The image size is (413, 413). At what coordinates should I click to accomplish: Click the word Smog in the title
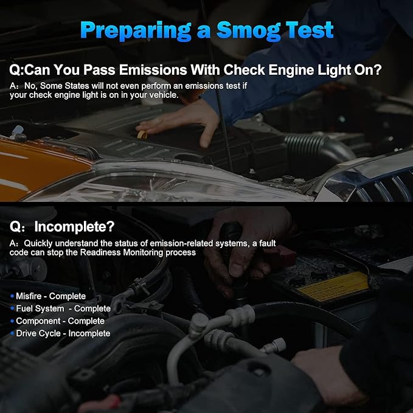coord(248,31)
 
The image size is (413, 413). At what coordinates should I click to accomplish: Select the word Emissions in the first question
coord(153,70)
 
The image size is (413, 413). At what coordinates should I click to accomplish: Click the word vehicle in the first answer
coord(164,95)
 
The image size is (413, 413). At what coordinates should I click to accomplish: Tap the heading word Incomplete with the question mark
coord(75,226)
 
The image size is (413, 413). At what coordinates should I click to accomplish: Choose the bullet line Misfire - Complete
coord(48,296)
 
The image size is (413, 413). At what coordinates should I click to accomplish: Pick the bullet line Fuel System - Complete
coord(61,308)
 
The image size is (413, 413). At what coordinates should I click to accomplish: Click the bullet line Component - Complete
coord(57,321)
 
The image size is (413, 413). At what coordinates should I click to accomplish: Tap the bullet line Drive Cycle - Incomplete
coord(60,333)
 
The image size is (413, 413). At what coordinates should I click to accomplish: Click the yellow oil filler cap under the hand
coord(142,134)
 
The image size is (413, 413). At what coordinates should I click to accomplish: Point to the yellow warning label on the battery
coord(334,286)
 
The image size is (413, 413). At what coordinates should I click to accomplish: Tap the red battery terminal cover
coord(280,256)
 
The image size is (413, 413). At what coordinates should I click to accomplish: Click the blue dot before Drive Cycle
coord(12,333)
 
